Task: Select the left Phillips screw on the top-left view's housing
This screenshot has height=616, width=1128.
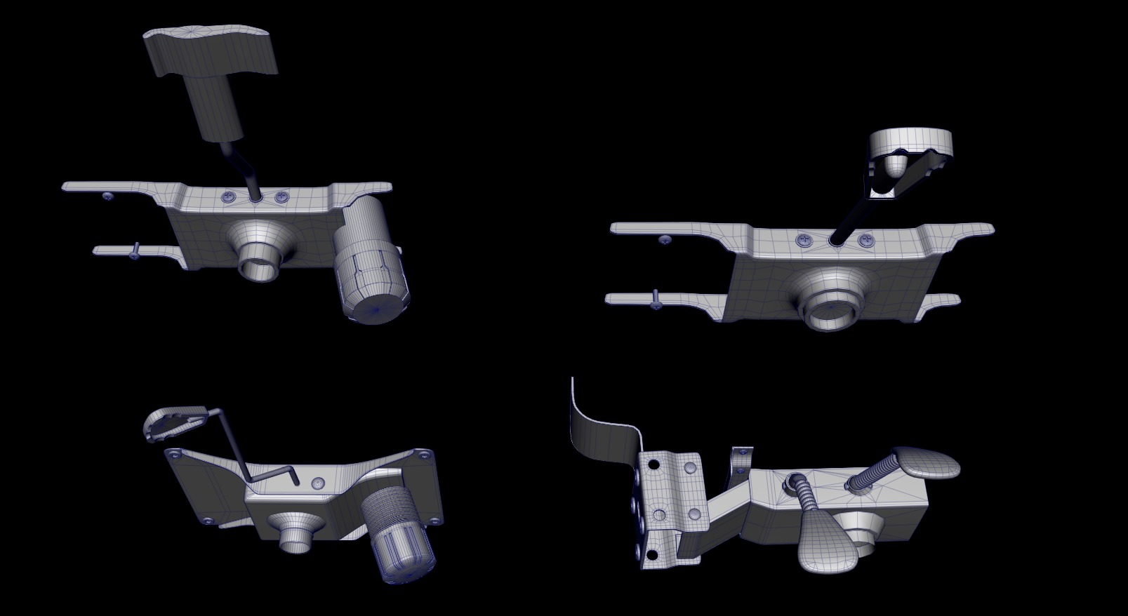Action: tap(230, 199)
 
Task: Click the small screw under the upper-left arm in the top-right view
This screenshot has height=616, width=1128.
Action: tap(665, 240)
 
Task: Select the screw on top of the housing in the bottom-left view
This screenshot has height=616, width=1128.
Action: tap(318, 484)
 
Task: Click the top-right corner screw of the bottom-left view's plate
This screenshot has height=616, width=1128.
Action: tap(423, 457)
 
